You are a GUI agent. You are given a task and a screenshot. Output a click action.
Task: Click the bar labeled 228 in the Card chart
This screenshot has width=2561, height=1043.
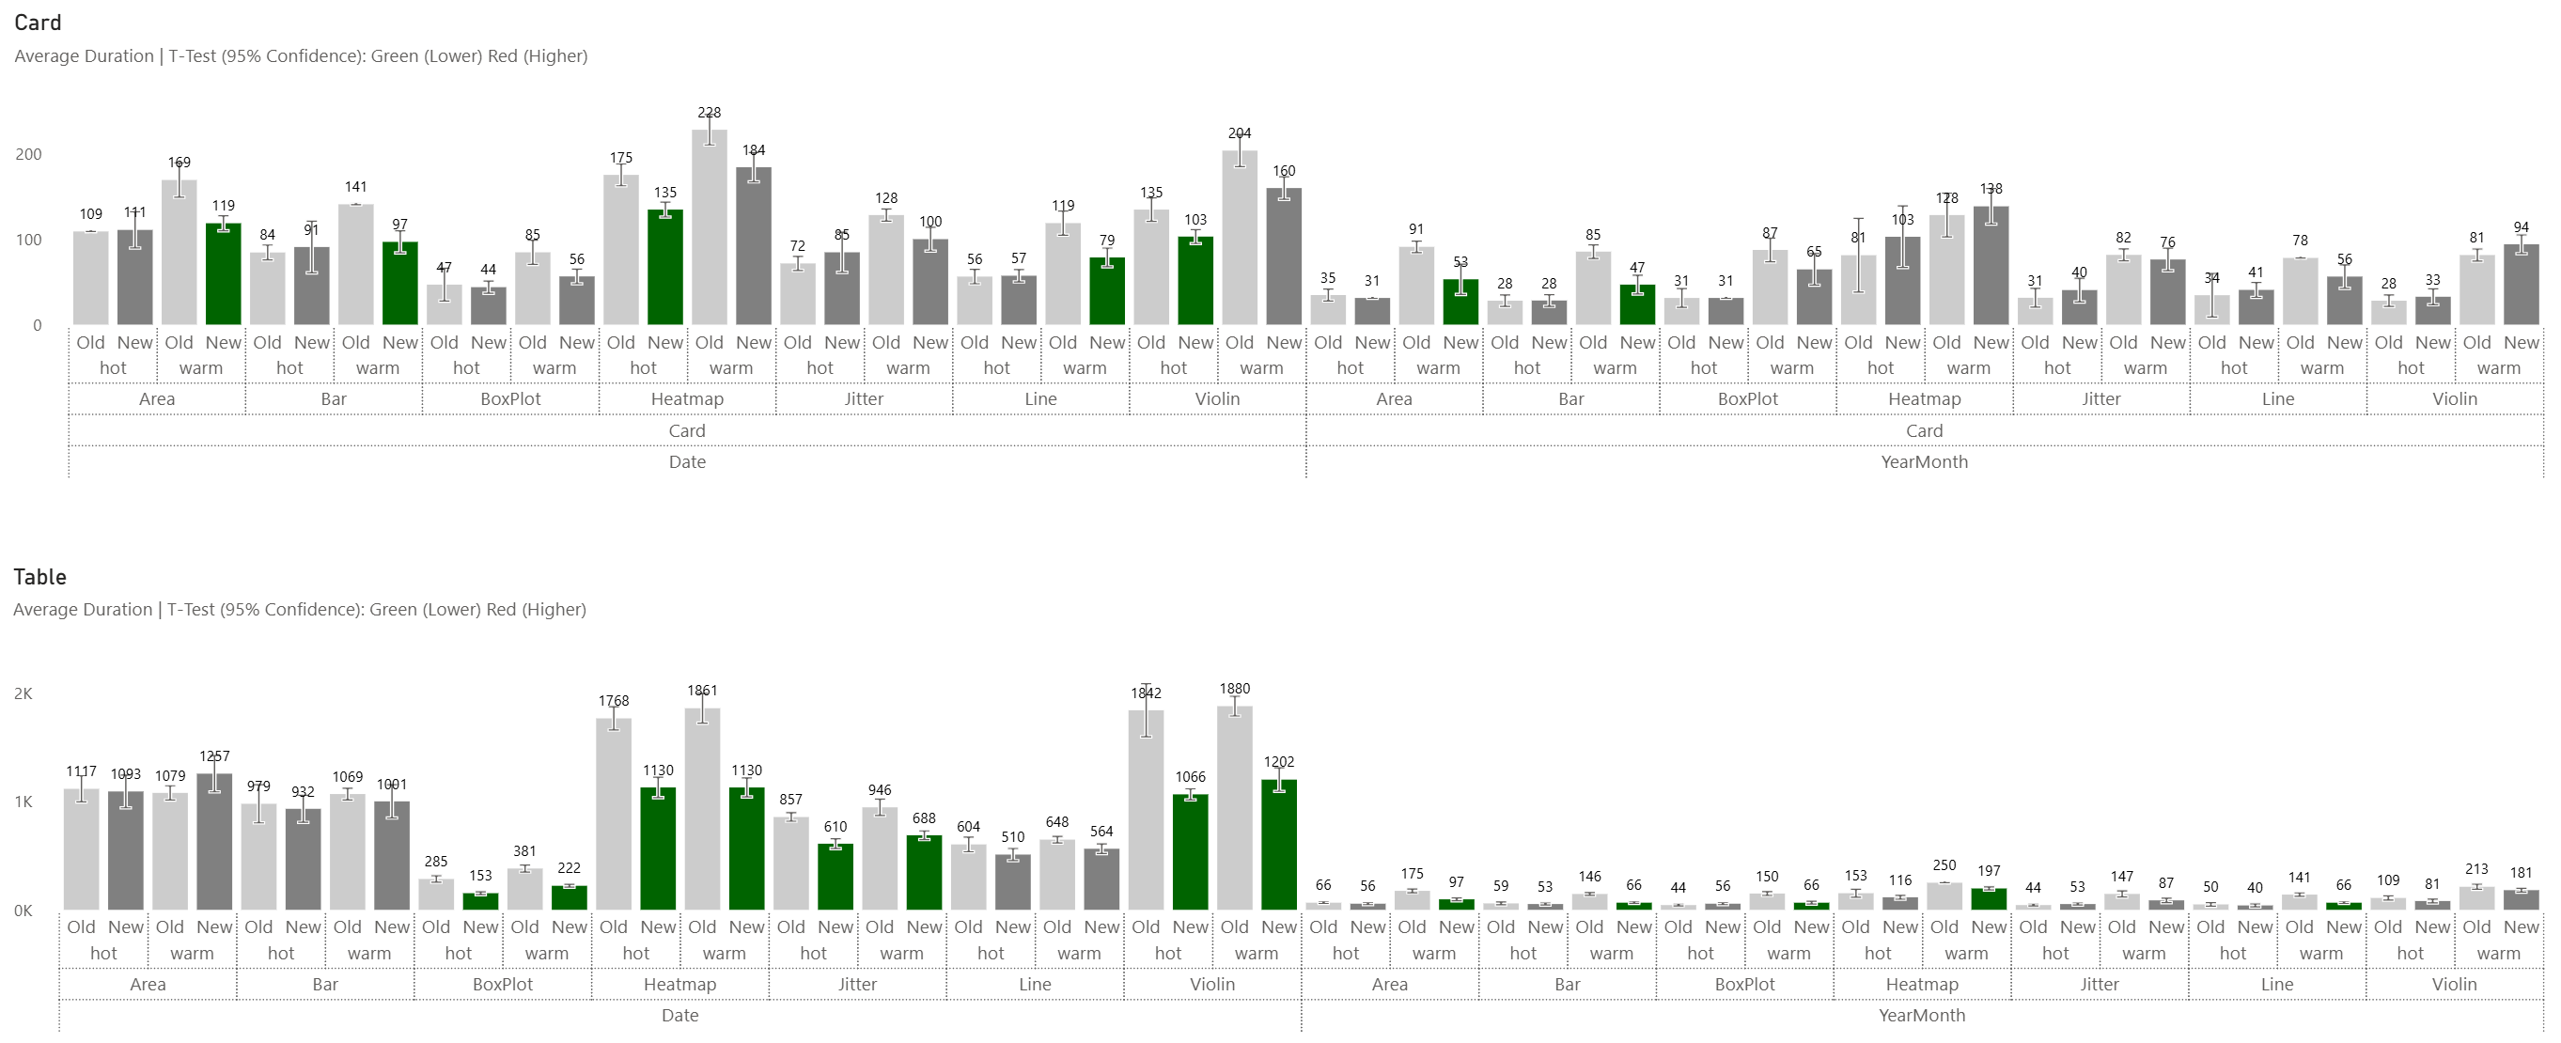(x=709, y=228)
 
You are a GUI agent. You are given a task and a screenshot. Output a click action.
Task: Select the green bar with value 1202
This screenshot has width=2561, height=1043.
(x=1278, y=845)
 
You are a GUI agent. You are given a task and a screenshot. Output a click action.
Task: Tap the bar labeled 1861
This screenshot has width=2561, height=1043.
(x=702, y=809)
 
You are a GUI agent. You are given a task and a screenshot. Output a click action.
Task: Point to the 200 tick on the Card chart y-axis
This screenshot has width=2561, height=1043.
(x=29, y=154)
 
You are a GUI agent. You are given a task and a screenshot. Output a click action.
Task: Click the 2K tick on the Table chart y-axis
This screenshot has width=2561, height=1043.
(x=23, y=694)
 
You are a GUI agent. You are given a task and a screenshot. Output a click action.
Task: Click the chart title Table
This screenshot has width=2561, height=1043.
(x=39, y=577)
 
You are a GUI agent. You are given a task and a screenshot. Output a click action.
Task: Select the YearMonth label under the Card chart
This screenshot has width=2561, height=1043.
(x=1924, y=461)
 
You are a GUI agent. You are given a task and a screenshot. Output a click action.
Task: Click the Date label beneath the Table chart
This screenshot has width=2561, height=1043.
(x=680, y=1015)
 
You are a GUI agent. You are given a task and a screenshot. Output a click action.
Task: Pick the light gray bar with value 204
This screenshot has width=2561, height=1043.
(x=1239, y=239)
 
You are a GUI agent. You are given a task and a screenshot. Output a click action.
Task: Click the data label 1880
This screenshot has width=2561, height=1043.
(x=1235, y=689)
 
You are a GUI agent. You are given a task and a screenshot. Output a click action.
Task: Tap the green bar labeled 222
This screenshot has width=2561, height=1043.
(x=569, y=898)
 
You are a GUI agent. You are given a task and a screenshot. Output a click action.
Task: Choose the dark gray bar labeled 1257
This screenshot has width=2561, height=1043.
(x=213, y=842)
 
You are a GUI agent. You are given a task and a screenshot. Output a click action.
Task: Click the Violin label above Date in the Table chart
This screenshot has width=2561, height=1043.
(x=1212, y=985)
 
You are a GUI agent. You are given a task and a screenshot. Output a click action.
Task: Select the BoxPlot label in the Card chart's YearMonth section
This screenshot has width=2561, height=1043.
(x=1748, y=398)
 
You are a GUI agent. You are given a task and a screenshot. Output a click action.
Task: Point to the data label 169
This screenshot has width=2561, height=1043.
(x=179, y=162)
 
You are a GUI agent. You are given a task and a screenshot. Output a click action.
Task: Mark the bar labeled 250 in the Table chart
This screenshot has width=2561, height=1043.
(x=1944, y=895)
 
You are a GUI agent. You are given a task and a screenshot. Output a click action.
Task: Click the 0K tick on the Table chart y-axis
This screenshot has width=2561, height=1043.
(x=23, y=911)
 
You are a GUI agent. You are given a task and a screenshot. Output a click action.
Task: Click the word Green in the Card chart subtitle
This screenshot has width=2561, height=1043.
(x=394, y=56)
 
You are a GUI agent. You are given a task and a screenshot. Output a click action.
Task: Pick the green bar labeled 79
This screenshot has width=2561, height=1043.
(x=1106, y=291)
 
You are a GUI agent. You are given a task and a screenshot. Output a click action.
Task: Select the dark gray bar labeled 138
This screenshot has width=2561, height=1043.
(x=1991, y=266)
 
